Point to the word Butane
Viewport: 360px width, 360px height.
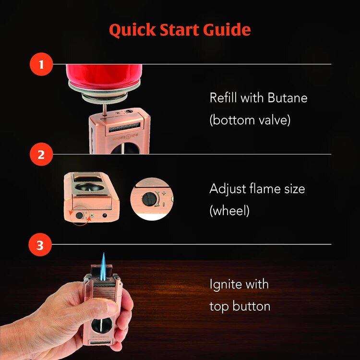pyautogui.click(x=284, y=98)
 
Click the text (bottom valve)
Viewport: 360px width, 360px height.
pyautogui.click(x=250, y=120)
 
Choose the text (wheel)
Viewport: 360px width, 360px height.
pyautogui.click(x=229, y=211)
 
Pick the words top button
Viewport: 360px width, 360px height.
pyautogui.click(x=240, y=306)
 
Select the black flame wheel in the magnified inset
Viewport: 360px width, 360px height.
pyautogui.click(x=151, y=198)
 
